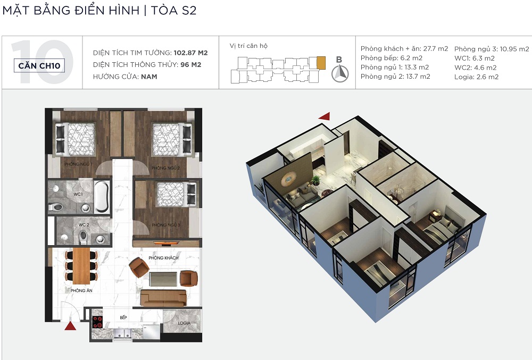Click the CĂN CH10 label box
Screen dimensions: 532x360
39,65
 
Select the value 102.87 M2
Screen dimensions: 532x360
190,53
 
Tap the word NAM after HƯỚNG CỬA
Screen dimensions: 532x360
149,77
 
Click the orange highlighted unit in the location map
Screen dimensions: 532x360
321,63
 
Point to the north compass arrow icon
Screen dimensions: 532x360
340,73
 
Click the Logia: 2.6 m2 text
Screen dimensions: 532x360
476,77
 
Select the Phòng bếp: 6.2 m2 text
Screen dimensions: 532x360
392,58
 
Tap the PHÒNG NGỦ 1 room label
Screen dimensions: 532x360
78,164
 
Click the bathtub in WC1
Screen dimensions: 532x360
102,197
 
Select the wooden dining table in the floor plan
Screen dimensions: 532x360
81,266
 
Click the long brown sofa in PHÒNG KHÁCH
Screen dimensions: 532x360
163,298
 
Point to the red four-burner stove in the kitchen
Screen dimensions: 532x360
97,322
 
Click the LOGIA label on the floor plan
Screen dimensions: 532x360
184,323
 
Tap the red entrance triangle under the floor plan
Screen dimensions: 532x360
70,326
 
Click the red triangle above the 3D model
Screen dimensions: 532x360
325,116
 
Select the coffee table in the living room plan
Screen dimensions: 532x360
163,279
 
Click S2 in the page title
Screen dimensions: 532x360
189,10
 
